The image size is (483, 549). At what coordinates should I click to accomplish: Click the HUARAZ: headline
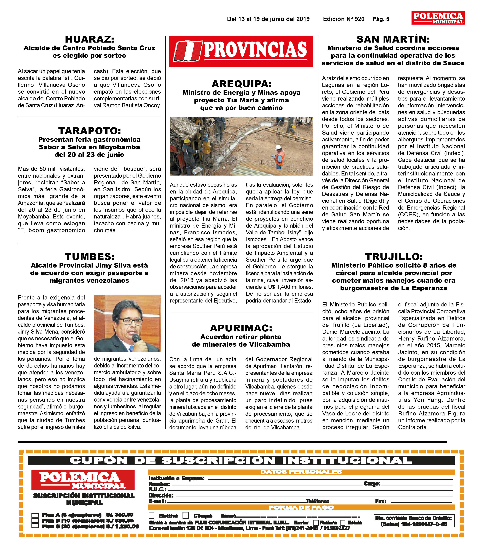coord(90,40)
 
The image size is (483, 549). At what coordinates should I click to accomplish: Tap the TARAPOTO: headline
coord(90,131)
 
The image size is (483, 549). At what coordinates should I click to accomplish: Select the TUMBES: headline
coord(90,257)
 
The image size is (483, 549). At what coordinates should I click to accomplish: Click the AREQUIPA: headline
coord(241,84)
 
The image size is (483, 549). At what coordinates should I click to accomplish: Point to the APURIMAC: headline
coord(241,328)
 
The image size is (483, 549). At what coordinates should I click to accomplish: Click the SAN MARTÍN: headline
coord(393,40)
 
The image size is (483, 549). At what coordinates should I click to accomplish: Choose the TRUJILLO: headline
coord(394,257)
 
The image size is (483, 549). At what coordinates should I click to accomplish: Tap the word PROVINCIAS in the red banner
coord(255,50)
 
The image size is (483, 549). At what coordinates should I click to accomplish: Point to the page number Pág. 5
coord(381,19)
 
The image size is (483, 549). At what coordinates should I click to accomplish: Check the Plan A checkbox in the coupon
coord(35,515)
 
